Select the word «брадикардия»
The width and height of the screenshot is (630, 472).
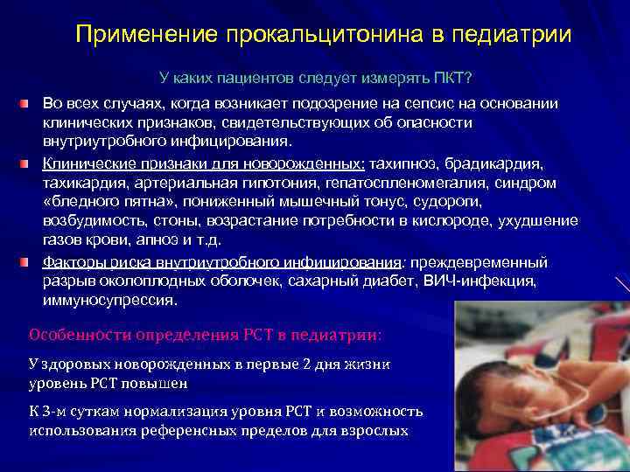tap(496, 163)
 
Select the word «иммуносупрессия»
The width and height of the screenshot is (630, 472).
tap(109, 300)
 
